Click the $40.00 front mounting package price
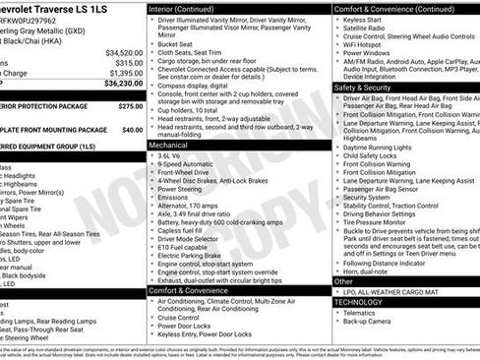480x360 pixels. [132, 129]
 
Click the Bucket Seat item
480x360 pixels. [176, 43]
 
